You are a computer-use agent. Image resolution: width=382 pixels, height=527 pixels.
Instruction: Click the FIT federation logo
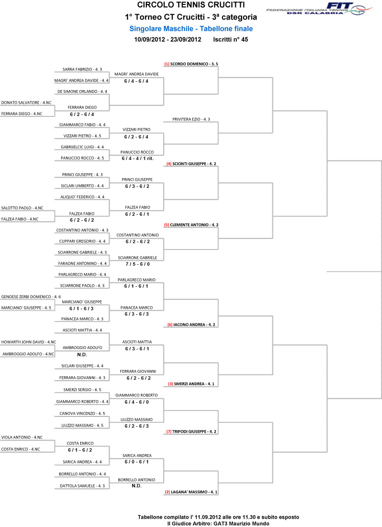tap(319, 8)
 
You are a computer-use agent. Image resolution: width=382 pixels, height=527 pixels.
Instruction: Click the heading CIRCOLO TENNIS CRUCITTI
tap(191, 5)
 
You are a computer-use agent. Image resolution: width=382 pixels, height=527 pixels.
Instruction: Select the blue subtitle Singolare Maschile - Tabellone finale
tap(191, 29)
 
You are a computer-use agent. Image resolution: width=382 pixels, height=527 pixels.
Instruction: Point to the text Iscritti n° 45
tap(230, 39)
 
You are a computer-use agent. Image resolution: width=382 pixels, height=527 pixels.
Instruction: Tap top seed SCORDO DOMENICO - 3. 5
tap(191, 64)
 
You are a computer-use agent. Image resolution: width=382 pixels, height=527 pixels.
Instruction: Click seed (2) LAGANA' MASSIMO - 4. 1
tap(191, 492)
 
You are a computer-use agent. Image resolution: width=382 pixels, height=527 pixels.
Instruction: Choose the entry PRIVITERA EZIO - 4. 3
tap(191, 119)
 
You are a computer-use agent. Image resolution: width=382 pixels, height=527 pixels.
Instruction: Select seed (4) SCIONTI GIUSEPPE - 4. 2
tap(191, 164)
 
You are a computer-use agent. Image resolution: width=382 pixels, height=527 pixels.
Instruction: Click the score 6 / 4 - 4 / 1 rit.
tap(137, 159)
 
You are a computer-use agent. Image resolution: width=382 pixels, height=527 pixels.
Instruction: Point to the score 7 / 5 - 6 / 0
tap(137, 264)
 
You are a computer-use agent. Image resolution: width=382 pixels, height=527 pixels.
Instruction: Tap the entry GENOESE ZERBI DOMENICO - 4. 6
tap(31, 297)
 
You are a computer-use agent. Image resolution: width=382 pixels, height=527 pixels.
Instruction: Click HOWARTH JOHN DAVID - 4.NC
tap(28, 342)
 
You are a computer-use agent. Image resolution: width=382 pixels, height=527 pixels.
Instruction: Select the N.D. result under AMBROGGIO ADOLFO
tap(82, 355)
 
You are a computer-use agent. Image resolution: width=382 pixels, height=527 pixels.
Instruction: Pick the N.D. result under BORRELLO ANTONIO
tap(136, 486)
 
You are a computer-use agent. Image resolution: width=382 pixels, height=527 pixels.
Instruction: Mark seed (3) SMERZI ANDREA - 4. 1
tap(191, 384)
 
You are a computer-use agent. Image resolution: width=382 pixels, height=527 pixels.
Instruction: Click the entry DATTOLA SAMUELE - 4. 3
tap(82, 486)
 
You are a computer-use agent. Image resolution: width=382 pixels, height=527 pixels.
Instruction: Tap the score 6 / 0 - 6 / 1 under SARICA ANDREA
tap(136, 462)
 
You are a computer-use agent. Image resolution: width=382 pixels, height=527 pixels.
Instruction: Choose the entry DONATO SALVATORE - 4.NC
tap(26, 103)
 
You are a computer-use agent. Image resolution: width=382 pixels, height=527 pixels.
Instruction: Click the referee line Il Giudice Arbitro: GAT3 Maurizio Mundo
tap(218, 524)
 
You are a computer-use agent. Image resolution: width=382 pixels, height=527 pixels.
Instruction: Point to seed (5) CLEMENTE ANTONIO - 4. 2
tap(191, 225)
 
